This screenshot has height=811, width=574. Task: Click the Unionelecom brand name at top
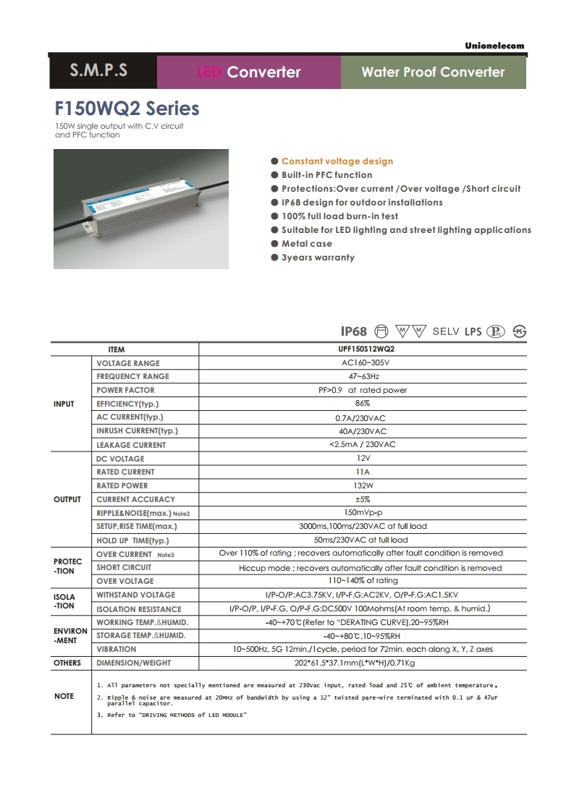494,46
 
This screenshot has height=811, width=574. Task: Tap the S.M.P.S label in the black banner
98,71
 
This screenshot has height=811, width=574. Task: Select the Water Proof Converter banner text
433,72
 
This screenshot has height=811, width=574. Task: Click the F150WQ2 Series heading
127,109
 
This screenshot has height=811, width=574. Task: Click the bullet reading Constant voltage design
337,161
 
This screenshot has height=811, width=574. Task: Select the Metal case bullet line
307,244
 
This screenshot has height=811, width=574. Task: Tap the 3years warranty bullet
318,258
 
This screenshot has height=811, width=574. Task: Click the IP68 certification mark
354,331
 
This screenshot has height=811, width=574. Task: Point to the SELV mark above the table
446,331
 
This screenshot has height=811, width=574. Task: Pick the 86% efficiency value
363,403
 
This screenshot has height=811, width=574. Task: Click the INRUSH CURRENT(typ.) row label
137,431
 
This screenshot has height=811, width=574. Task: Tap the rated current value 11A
363,472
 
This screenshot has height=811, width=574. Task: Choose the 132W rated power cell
363,485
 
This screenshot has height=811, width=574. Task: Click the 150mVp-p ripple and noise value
363,512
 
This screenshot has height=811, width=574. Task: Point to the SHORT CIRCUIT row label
124,567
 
